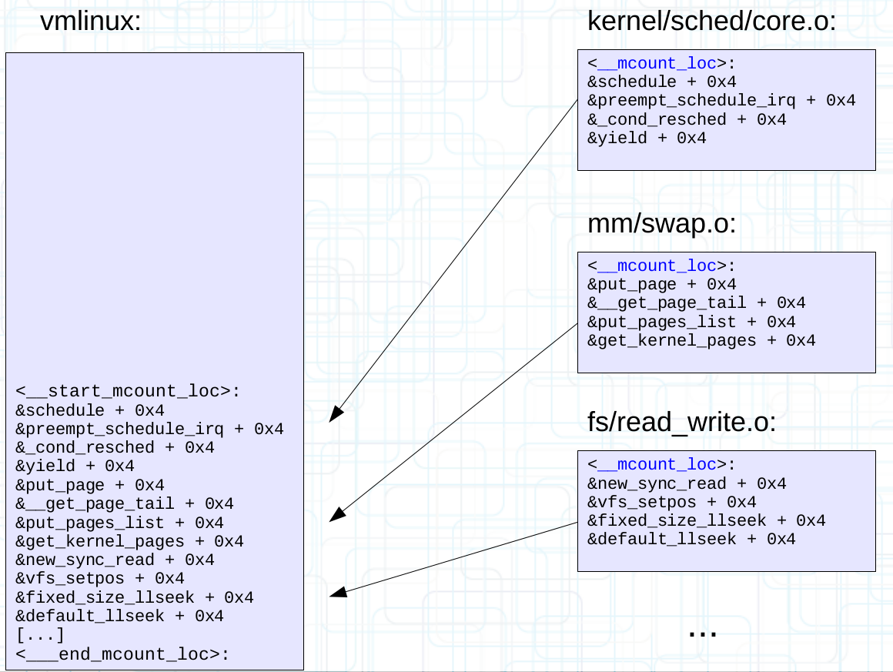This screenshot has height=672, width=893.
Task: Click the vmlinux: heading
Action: click(90, 22)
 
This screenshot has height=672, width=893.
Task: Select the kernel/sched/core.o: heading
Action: click(711, 22)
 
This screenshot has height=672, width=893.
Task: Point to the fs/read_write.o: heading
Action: click(681, 423)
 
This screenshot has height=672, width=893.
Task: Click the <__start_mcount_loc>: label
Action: click(128, 391)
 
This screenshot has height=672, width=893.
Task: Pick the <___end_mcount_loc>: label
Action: click(122, 654)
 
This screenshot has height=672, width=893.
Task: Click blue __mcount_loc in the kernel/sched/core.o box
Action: click(657, 63)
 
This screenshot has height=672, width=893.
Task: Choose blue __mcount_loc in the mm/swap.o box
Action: click(657, 266)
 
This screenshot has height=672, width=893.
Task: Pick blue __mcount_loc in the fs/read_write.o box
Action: click(657, 464)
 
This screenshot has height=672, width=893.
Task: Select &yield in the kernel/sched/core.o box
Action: click(647, 139)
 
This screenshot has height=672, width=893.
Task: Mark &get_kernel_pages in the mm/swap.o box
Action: click(701, 340)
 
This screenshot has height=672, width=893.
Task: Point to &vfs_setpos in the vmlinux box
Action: click(100, 579)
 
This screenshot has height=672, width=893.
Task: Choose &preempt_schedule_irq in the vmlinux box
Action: click(149, 429)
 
